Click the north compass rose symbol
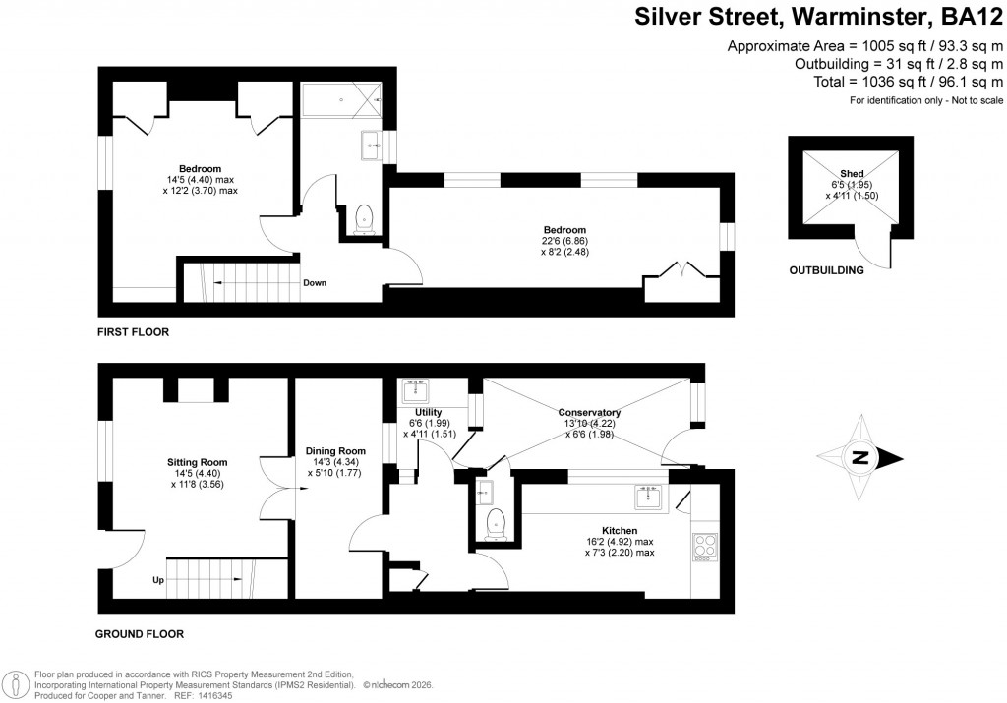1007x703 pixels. tap(862, 457)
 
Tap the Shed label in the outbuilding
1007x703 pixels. tap(852, 174)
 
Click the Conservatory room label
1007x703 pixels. tap(589, 413)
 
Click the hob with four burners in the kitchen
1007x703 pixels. tap(706, 546)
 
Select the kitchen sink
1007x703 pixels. tap(648, 498)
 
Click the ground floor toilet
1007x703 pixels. tap(495, 520)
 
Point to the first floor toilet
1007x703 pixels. tap(364, 218)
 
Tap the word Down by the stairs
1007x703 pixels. tap(315, 283)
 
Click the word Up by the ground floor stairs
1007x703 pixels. tap(157, 580)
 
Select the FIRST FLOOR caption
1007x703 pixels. tap(133, 332)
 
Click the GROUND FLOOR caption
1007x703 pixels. tap(140, 634)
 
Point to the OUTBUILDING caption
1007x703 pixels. tap(826, 270)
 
